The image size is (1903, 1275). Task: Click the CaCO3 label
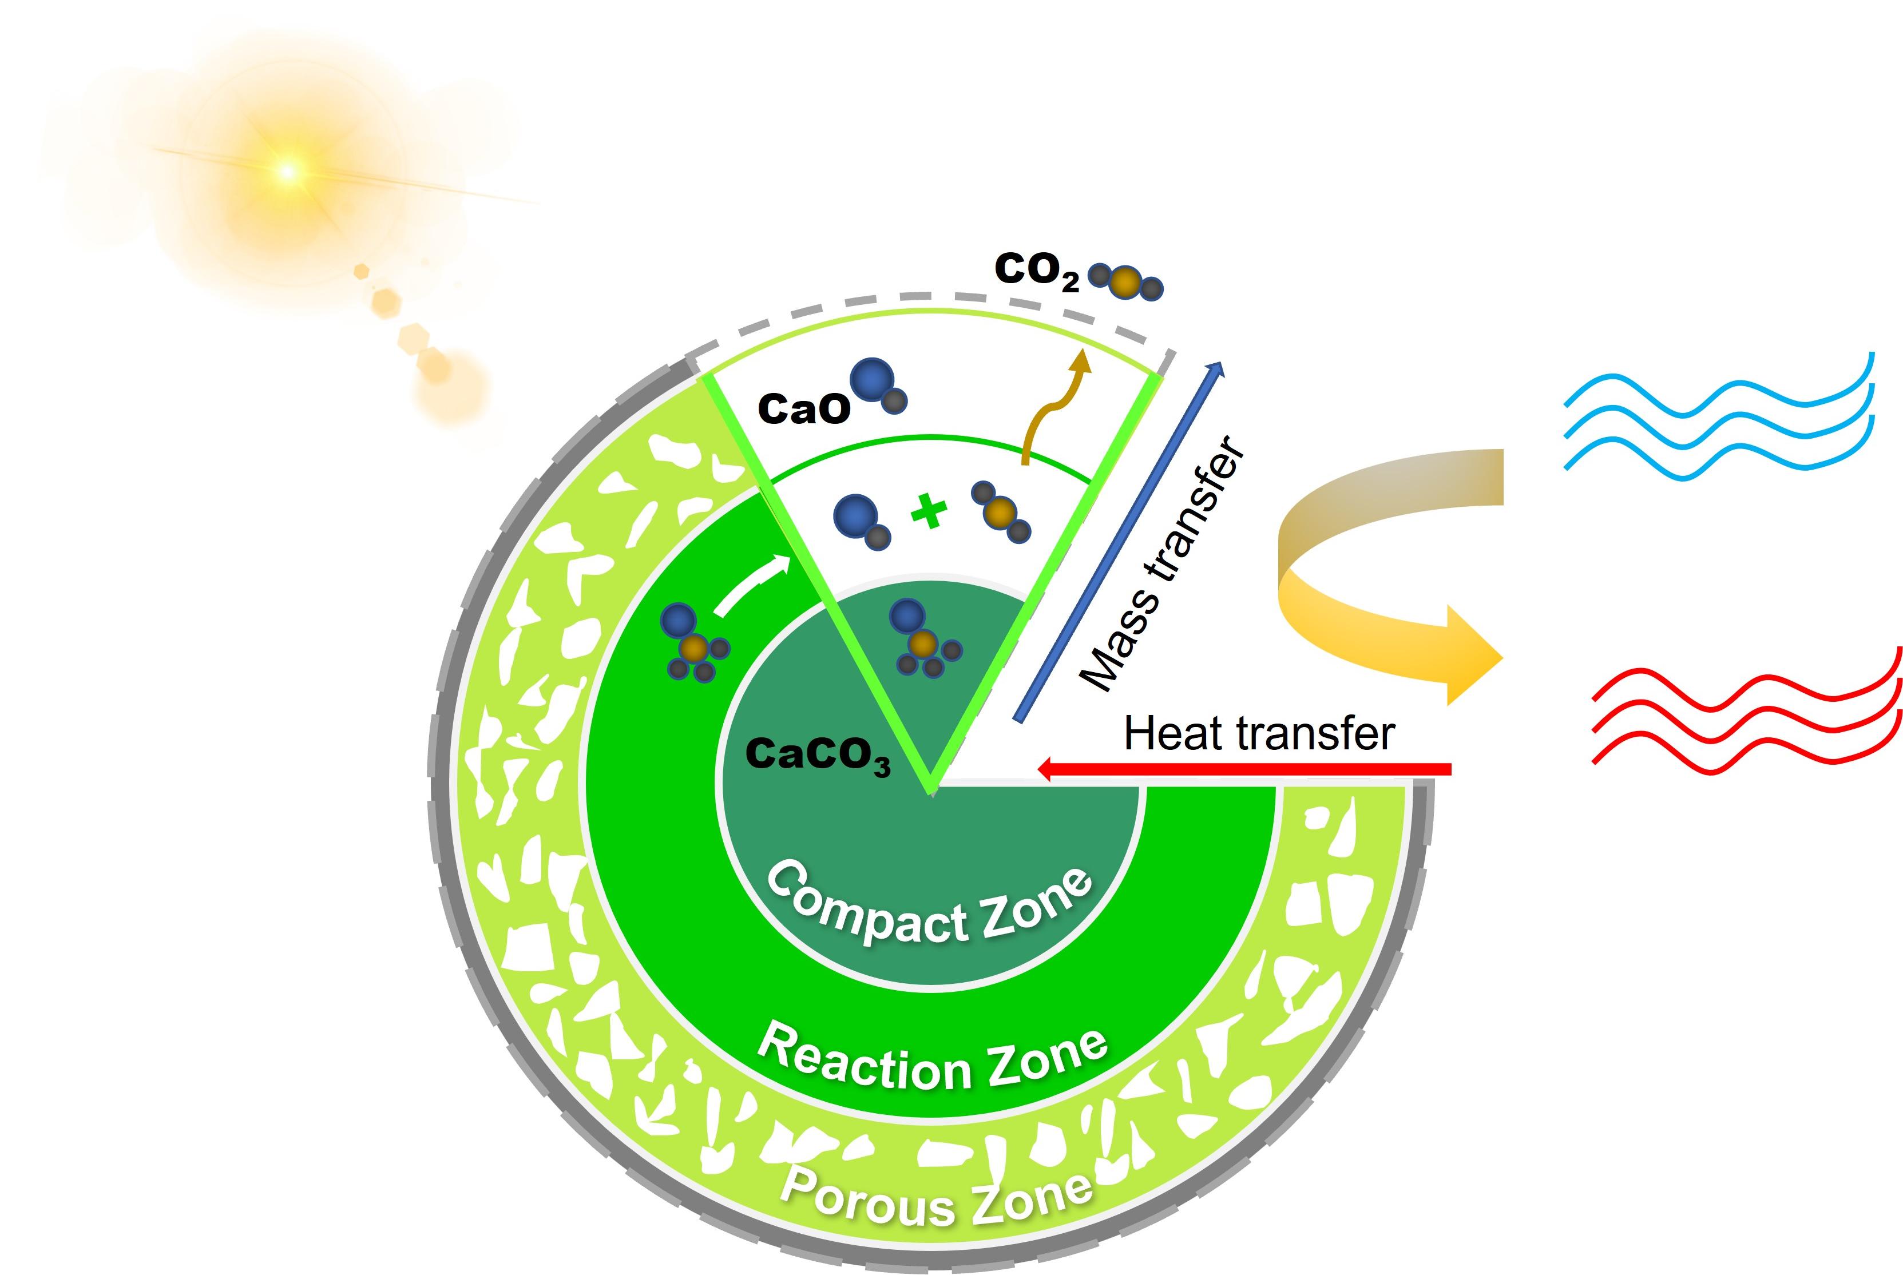point(817,756)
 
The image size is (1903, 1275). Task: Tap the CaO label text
point(803,409)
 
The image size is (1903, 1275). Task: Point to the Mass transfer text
point(1163,565)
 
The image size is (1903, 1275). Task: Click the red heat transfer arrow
point(1244,768)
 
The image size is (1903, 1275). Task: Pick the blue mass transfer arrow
point(1118,541)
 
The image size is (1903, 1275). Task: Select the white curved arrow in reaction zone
point(752,586)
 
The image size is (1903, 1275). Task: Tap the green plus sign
point(928,513)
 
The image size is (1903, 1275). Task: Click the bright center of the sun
point(286,171)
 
